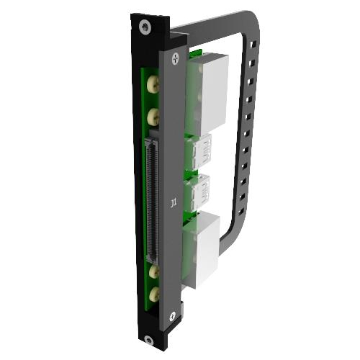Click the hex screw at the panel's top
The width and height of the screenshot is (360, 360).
pyautogui.click(x=145, y=27)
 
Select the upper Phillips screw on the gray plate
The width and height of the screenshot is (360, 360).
pyautogui.click(x=176, y=58)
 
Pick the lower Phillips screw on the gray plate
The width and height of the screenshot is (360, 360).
pyautogui.click(x=173, y=317)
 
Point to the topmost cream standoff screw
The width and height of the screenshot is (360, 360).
pyautogui.click(x=153, y=84)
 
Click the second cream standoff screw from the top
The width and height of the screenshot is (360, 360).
pyautogui.click(x=153, y=117)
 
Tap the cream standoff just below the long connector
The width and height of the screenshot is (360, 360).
pyautogui.click(x=154, y=271)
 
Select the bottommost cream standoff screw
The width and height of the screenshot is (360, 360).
pyautogui.click(x=154, y=294)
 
